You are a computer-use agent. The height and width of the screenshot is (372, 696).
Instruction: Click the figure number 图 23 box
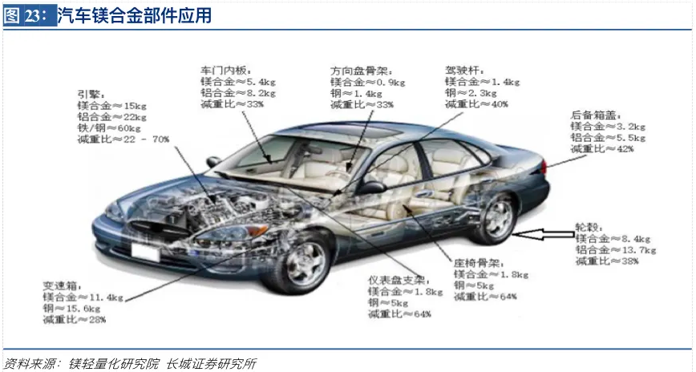(29, 15)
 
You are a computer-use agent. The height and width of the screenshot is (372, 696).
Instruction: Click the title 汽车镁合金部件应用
(134, 15)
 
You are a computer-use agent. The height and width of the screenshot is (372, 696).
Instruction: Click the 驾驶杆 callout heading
(463, 70)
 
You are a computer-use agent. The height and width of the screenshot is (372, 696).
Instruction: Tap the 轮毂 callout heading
(587, 225)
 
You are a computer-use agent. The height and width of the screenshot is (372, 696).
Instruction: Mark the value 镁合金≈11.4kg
(83, 297)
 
